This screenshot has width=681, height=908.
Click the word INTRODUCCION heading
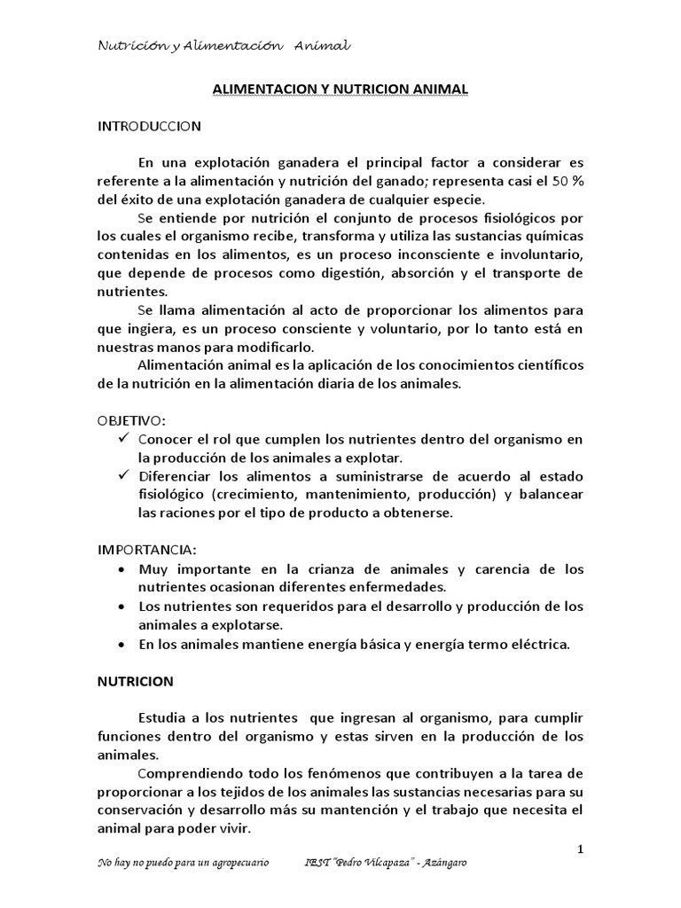point(149,126)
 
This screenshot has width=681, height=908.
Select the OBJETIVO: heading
point(131,419)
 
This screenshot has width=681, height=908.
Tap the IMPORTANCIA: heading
point(146,549)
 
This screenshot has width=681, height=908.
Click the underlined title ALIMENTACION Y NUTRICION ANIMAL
point(340,90)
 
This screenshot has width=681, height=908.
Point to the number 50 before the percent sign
point(562,181)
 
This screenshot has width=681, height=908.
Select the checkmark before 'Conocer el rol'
point(123,438)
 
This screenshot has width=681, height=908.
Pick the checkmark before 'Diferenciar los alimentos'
point(123,475)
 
